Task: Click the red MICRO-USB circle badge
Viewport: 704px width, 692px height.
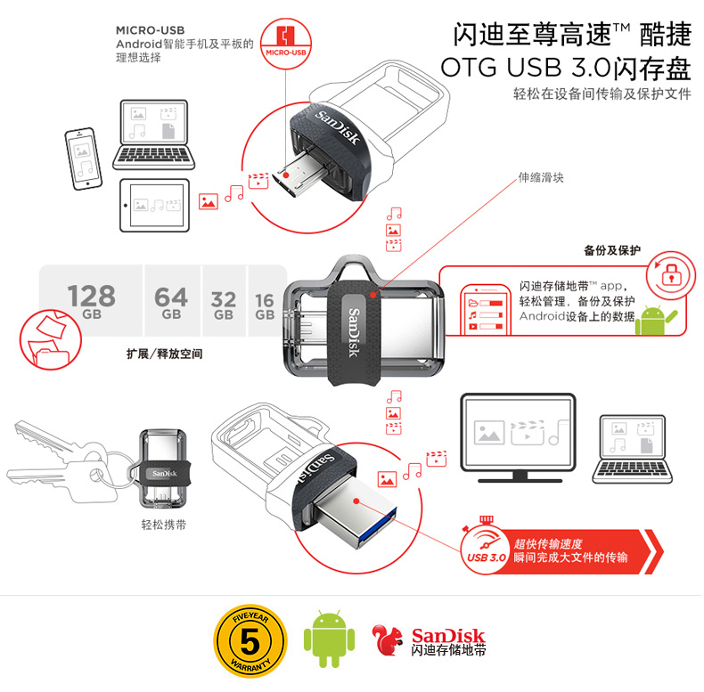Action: click(x=285, y=44)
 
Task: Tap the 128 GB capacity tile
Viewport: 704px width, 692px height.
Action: click(x=91, y=301)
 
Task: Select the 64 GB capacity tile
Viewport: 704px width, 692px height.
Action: click(x=171, y=301)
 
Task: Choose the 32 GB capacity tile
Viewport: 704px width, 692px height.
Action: click(x=224, y=301)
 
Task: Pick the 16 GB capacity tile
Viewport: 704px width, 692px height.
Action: click(x=266, y=301)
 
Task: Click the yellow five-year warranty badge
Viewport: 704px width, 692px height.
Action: click(x=250, y=640)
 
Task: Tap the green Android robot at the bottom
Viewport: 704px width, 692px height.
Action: click(x=329, y=639)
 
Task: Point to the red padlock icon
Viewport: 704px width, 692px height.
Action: click(x=671, y=274)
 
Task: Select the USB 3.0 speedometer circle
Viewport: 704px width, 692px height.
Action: click(x=485, y=550)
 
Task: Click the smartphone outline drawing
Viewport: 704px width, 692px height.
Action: click(x=84, y=159)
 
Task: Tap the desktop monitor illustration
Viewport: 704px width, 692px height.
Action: click(x=519, y=438)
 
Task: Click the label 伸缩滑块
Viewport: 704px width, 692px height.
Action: click(x=541, y=178)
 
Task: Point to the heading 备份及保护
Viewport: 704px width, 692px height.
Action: click(x=612, y=250)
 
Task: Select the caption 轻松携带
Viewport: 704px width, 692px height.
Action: click(x=163, y=525)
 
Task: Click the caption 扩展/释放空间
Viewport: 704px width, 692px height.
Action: click(x=164, y=354)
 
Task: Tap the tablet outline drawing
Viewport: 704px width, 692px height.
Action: click(x=154, y=206)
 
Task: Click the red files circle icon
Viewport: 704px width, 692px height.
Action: click(x=50, y=339)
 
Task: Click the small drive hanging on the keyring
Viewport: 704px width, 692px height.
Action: click(x=162, y=469)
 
